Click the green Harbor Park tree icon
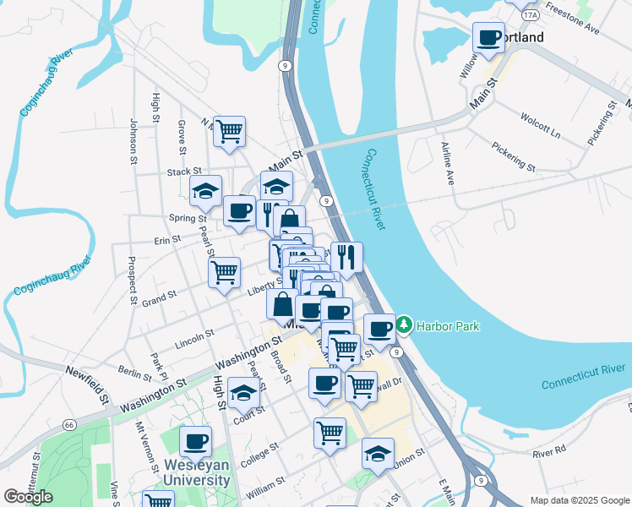pos(404,324)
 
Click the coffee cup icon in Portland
pos(488,37)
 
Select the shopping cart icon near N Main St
pos(229,132)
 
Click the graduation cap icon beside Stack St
pos(205,192)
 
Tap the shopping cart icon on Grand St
pos(224,272)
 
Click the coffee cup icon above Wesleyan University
pos(195,440)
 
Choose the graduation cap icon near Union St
pos(378,453)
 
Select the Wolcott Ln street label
pos(541,124)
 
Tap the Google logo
pos(29,497)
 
